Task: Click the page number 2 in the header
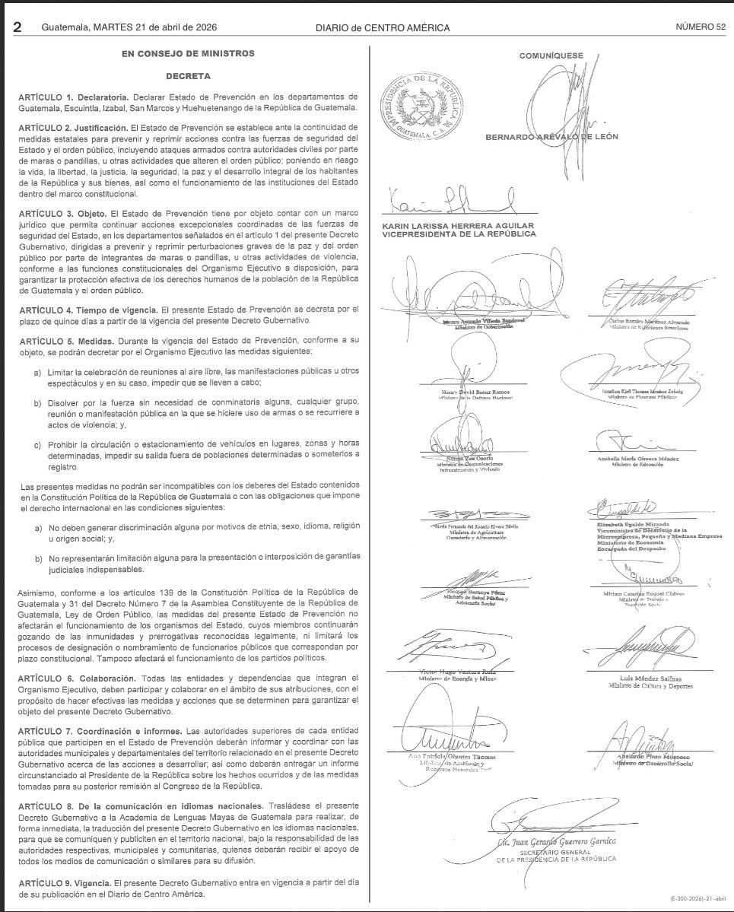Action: tap(17, 27)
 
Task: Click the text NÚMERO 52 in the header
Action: tap(701, 27)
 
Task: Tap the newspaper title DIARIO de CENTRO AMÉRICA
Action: tap(383, 27)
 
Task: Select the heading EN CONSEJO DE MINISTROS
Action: tap(188, 53)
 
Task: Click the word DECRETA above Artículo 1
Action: tap(188, 76)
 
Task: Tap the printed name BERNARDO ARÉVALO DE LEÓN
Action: tap(551, 137)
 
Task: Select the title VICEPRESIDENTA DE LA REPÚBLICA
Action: tap(459, 234)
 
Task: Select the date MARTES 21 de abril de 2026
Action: tap(156, 27)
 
